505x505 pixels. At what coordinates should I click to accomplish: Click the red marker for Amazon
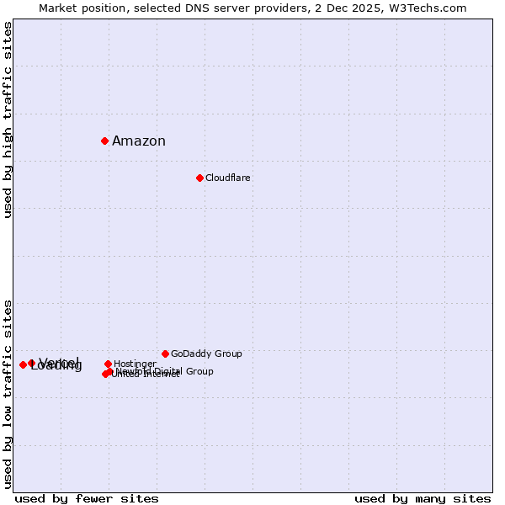(x=104, y=141)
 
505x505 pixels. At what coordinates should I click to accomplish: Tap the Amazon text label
(x=139, y=141)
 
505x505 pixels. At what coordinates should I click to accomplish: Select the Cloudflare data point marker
(x=199, y=178)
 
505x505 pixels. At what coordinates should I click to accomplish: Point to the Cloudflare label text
(x=228, y=178)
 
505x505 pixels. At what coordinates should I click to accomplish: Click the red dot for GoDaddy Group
(x=165, y=353)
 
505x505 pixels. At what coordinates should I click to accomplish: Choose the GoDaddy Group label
(x=206, y=354)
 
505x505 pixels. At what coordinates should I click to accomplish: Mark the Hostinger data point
(x=108, y=364)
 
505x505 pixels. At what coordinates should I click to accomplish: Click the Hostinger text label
(x=135, y=364)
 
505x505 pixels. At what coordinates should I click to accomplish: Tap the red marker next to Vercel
(x=31, y=363)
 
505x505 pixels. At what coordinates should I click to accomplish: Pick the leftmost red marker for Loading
(x=23, y=364)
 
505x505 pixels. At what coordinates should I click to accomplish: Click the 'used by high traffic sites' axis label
(x=8, y=120)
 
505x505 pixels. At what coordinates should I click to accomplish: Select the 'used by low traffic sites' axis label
(x=8, y=394)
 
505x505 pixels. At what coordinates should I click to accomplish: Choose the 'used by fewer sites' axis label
(x=87, y=498)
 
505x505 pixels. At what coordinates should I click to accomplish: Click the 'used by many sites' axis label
(x=423, y=498)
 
